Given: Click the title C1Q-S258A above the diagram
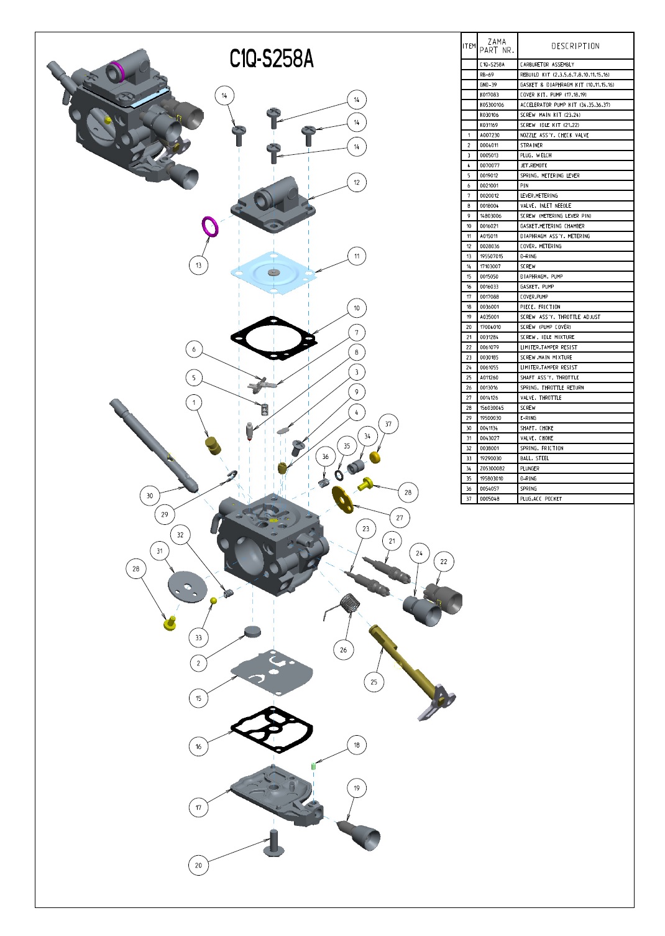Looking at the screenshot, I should [x=272, y=59].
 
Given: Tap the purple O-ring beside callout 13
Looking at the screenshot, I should [x=211, y=226].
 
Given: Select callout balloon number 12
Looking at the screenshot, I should [x=357, y=182].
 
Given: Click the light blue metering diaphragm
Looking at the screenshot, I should [x=273, y=272].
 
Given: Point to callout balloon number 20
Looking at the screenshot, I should [x=198, y=865].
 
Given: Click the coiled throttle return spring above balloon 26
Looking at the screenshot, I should [x=349, y=603].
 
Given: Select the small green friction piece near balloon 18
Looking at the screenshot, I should [x=314, y=766].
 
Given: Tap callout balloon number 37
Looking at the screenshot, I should [x=388, y=424].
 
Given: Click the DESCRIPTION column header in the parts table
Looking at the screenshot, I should [x=575, y=46].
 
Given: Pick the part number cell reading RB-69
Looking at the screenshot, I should [x=487, y=75].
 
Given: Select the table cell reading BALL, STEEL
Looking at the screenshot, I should [x=534, y=458].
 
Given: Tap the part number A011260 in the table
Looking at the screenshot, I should [x=489, y=378].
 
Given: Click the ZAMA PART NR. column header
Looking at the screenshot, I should [x=497, y=46].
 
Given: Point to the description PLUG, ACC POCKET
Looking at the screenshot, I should [x=541, y=499].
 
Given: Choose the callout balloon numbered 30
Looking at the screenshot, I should [x=150, y=496].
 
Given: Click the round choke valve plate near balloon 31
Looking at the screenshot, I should [x=186, y=586].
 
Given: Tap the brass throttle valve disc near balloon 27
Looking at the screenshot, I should [x=341, y=499].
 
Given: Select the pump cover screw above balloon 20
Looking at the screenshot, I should [x=273, y=843].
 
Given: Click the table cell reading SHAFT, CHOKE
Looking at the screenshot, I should [x=537, y=428].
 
